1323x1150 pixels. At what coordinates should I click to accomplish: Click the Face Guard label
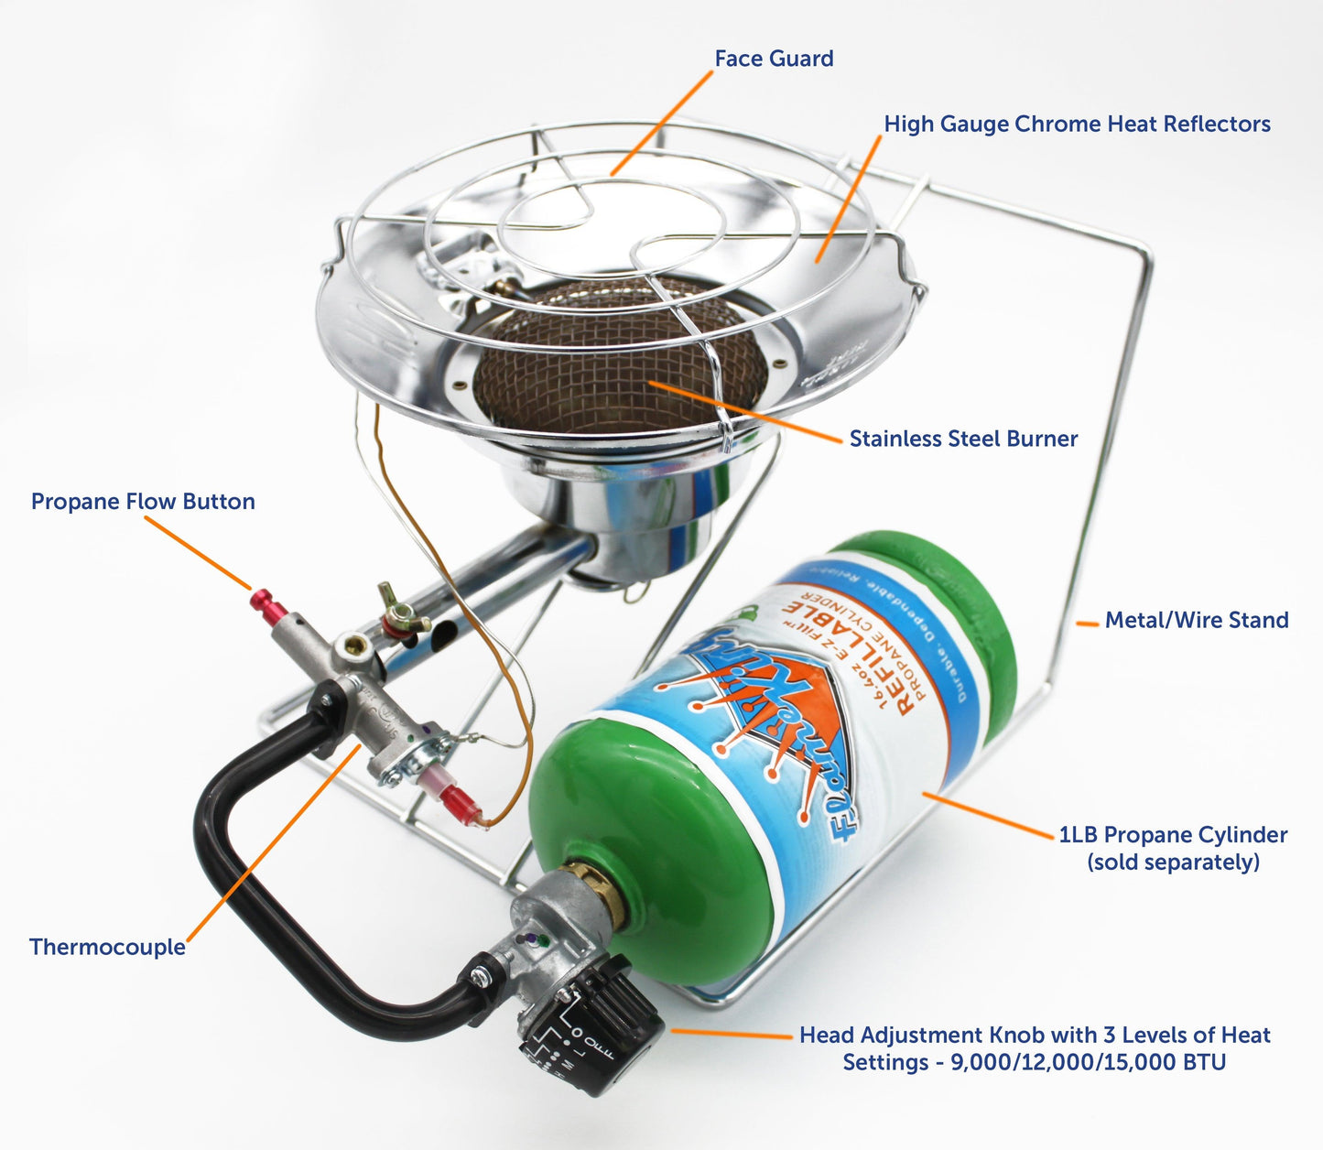[774, 59]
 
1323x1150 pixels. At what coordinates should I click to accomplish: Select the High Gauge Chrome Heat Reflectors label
[1077, 124]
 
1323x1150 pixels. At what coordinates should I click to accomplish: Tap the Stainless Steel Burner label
[963, 439]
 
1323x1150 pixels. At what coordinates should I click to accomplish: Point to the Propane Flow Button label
[143, 502]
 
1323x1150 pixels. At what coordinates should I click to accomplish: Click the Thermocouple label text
[107, 947]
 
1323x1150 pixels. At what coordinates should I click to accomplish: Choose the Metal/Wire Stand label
[1196, 620]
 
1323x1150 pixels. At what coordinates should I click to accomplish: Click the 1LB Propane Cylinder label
[1173, 835]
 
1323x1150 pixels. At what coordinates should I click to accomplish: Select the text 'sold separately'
[1173, 862]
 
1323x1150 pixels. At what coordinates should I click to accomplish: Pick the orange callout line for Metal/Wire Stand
[1087, 624]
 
